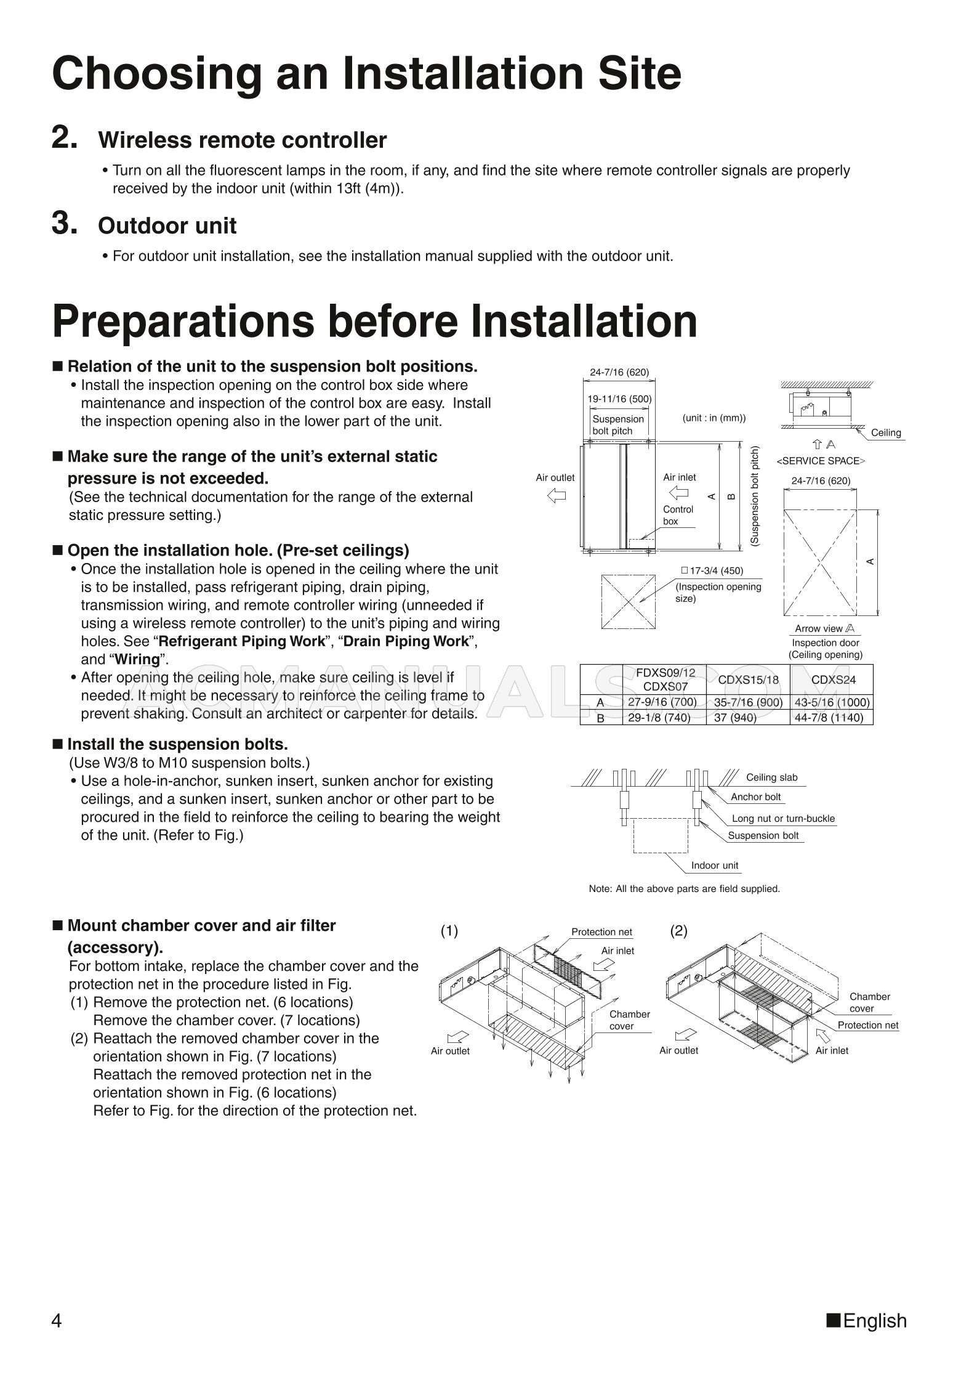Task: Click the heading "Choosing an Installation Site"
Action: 366,74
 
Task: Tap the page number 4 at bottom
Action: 56,1321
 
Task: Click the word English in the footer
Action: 875,1321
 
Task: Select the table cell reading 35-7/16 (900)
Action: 748,702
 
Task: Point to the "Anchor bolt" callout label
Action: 755,797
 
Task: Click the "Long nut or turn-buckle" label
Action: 783,819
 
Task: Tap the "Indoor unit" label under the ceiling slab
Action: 714,866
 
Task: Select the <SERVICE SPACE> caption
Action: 821,461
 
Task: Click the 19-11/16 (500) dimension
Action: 619,399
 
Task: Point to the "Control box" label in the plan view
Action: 677,515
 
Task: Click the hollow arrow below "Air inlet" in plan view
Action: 678,493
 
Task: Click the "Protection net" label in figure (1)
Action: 601,932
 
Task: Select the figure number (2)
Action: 678,931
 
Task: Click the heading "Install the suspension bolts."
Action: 177,744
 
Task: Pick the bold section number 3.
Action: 64,224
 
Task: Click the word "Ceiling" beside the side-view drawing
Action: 886,432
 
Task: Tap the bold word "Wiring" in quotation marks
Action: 137,659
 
